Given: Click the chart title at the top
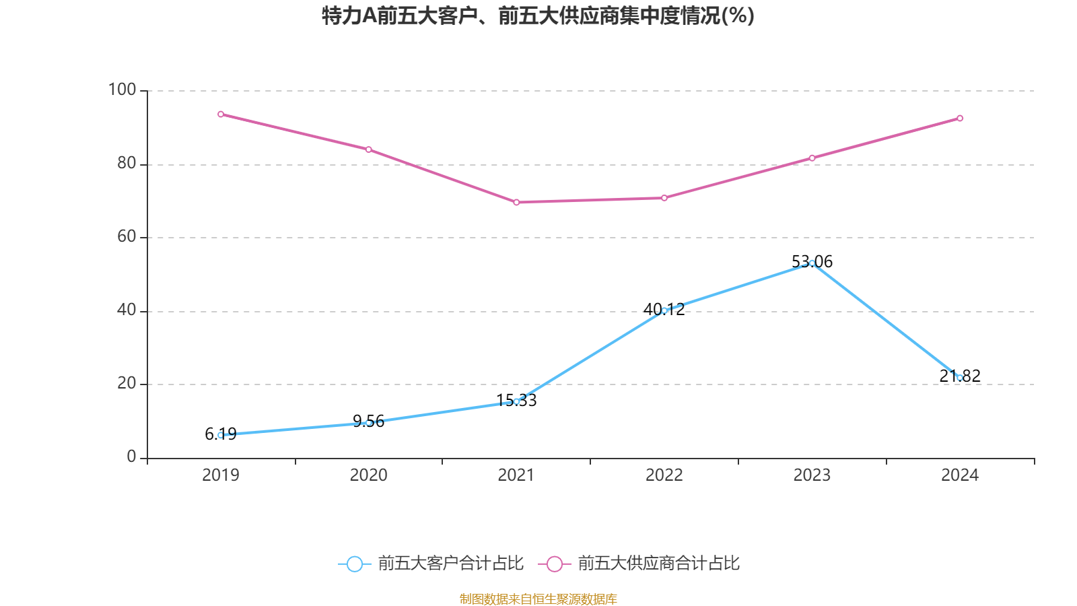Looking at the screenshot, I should tap(538, 15).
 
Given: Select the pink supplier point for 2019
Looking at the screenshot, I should tap(221, 114).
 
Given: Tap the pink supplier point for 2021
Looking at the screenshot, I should tap(516, 202).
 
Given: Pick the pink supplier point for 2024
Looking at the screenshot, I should tap(960, 119).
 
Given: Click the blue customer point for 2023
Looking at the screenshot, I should tap(812, 263).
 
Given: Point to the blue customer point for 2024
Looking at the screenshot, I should tap(960, 378).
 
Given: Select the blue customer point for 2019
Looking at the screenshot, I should tap(221, 435).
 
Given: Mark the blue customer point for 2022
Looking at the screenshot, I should tap(664, 310).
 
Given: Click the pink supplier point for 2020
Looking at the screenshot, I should tap(369, 149).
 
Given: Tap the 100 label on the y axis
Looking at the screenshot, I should tap(123, 90).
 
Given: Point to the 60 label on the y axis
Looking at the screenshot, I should tap(127, 236).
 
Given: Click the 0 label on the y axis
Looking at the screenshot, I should tap(131, 457).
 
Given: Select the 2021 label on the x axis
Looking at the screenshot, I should tap(516, 475).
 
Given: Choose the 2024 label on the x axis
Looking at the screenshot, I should tap(960, 475).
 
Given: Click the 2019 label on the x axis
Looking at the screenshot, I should tap(221, 475).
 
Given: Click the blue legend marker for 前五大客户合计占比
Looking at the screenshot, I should tap(354, 564).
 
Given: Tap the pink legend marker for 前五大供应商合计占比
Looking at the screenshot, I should tap(554, 564).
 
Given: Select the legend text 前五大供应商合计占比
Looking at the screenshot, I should tap(658, 564).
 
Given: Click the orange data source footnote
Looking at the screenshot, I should tap(538, 599).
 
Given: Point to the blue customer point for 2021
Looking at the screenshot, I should tap(516, 401).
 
